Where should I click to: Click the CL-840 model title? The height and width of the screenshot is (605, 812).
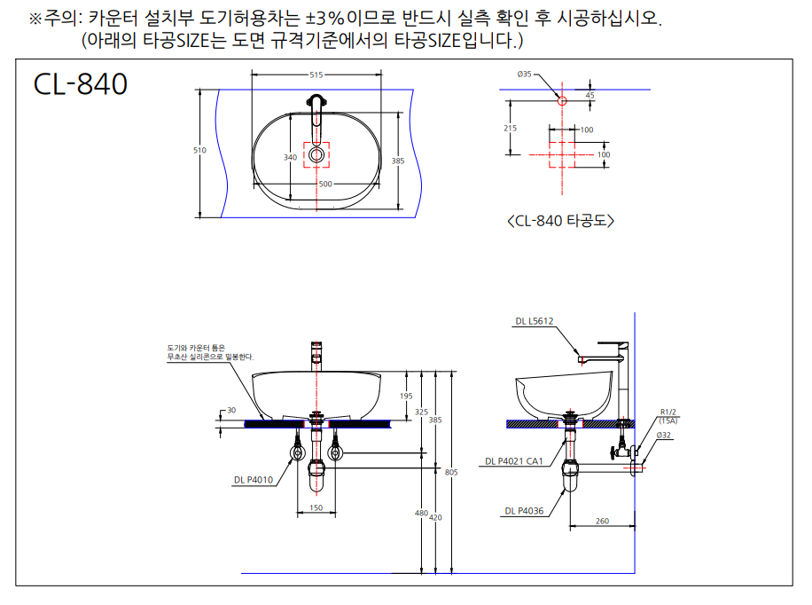[x=81, y=84]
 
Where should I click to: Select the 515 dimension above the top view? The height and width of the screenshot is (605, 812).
[x=316, y=75]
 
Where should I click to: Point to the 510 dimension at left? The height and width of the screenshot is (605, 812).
[x=199, y=150]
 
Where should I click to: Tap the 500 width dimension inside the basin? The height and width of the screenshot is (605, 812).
[x=325, y=184]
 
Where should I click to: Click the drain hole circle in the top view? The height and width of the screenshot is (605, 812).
[x=316, y=154]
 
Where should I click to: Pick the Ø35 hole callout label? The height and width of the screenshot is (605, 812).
[x=524, y=75]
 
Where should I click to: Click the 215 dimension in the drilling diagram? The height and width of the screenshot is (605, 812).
[x=510, y=128]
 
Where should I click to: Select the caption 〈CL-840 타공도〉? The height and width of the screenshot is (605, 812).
[x=561, y=221]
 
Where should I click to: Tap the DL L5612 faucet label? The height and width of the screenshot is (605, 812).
[x=535, y=321]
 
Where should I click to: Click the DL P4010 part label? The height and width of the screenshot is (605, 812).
[x=254, y=480]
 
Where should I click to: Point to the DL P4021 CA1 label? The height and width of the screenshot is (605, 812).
[x=514, y=461]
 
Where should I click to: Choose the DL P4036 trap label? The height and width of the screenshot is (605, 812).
[x=524, y=511]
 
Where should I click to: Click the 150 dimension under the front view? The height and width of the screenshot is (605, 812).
[x=316, y=508]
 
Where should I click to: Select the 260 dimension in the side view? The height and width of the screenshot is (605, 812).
[x=602, y=521]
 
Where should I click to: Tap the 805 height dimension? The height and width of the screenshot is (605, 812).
[x=451, y=472]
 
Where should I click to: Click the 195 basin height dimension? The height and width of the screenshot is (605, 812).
[x=406, y=396]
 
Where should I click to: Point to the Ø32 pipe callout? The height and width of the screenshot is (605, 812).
[x=663, y=435]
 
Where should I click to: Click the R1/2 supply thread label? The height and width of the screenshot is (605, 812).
[x=668, y=412]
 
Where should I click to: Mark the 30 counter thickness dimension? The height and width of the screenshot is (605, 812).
[x=231, y=410]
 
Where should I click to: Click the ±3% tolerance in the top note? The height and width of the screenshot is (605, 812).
[x=325, y=19]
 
